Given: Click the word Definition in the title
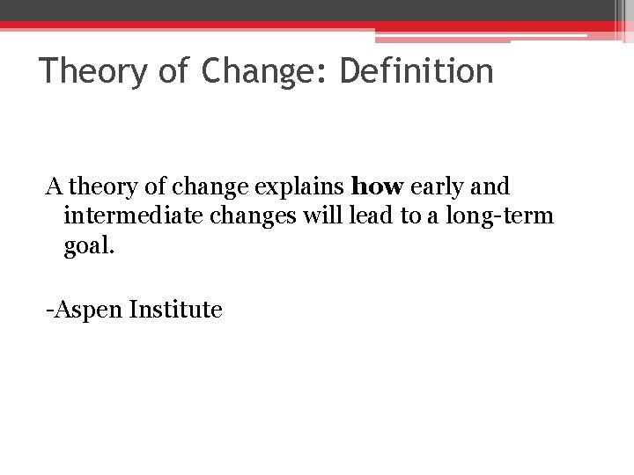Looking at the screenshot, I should point(417,71).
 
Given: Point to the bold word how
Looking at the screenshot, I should point(377,187).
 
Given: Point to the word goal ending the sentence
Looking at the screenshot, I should point(88,245).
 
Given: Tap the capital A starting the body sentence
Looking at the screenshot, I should point(54,187).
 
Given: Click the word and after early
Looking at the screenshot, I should point(491,187).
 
